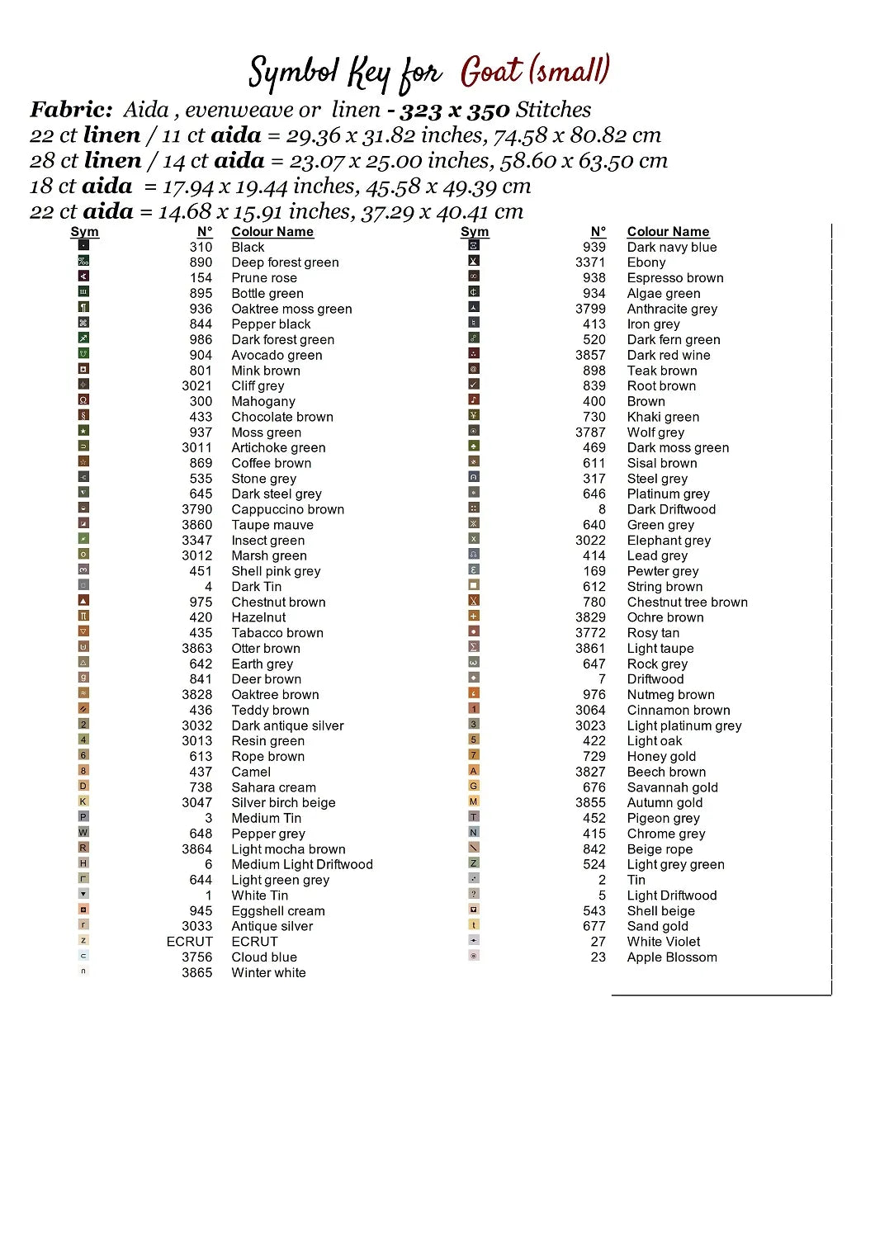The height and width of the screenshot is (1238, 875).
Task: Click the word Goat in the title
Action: [x=492, y=73]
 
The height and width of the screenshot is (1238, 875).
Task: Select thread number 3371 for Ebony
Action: [x=590, y=262]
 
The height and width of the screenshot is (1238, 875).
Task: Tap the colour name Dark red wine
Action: [x=669, y=355]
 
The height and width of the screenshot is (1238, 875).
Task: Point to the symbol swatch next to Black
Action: [x=83, y=245]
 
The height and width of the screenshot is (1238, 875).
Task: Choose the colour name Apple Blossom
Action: [x=672, y=957]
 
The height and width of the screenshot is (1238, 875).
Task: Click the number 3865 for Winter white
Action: [x=197, y=973]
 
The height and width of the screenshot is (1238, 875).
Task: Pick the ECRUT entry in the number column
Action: [x=190, y=942]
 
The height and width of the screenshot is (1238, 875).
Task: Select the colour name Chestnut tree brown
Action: [x=688, y=602]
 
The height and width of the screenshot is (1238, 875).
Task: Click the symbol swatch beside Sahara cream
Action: [x=83, y=787]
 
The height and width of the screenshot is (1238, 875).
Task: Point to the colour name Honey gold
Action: [x=661, y=757]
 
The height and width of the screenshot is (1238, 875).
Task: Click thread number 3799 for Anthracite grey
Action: [x=590, y=309]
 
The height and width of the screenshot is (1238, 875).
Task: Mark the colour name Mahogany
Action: [x=263, y=401]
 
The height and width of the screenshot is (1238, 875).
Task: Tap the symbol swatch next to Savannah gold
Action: [x=474, y=786]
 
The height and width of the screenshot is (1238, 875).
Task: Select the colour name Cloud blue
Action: [x=264, y=957]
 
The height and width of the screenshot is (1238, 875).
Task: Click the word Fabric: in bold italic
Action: [x=71, y=110]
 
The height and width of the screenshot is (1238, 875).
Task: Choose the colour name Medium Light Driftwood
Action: [x=302, y=865]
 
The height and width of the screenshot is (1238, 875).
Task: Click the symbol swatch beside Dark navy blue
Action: [x=474, y=245]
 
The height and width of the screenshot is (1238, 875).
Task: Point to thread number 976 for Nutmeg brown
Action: [x=594, y=695]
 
